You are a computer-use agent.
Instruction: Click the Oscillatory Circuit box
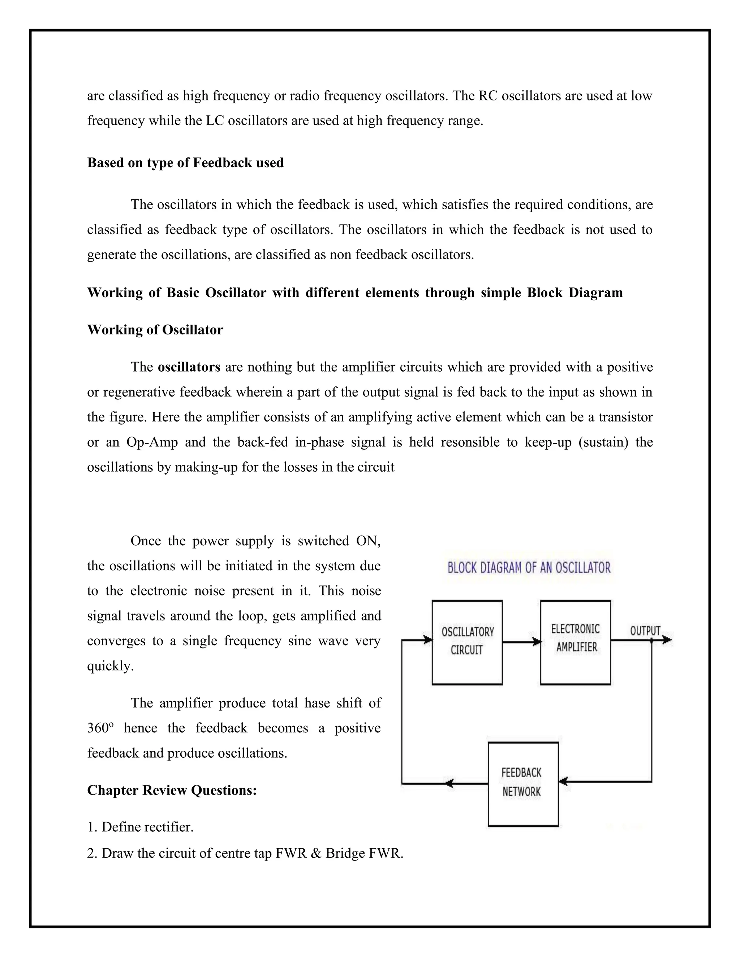click(x=467, y=642)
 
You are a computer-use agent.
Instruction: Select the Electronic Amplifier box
click(x=575, y=642)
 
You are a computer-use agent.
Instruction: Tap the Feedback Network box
click(x=523, y=784)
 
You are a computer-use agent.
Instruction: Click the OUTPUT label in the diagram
click(x=645, y=631)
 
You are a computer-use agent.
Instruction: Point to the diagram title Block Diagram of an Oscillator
click(x=529, y=568)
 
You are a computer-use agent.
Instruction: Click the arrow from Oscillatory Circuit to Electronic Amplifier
click(x=521, y=642)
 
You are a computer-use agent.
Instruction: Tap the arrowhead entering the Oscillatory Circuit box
click(x=428, y=640)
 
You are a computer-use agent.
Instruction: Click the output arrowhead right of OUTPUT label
click(x=667, y=640)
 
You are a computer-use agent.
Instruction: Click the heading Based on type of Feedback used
click(x=185, y=163)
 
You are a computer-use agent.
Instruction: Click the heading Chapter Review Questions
click(x=172, y=790)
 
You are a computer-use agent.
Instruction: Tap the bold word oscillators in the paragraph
click(x=189, y=367)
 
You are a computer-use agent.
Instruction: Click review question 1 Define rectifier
click(x=140, y=827)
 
